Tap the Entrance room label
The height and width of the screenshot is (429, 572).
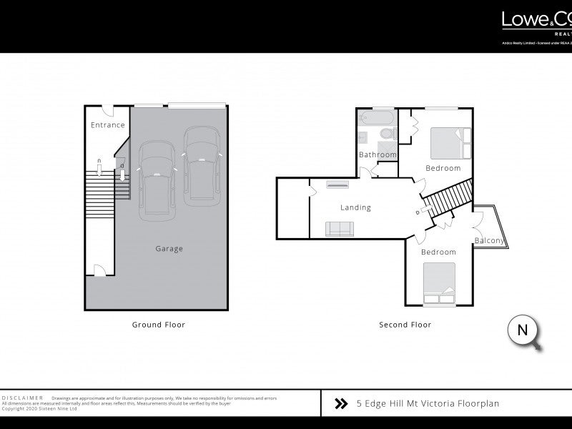pos(108,125)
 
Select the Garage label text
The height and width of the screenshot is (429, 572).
pos(169,249)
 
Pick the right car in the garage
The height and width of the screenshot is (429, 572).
pos(202,162)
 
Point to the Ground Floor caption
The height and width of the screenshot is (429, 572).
pos(158,325)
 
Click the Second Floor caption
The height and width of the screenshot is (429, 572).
pos(405,325)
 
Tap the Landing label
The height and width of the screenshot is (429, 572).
pos(355,208)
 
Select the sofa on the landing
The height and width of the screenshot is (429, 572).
pos(339,229)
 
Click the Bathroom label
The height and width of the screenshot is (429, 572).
pos(377,154)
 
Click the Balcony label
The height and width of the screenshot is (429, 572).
pos(489,240)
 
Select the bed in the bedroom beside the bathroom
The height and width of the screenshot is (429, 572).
pos(451,142)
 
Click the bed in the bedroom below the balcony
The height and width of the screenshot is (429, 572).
pos(438,284)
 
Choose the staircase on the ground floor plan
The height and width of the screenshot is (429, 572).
pos(99,189)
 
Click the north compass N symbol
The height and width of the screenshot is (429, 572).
pos(522,330)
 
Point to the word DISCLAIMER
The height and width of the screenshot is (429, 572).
pos(24,397)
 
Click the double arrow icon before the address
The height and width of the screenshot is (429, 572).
pos(341,404)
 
